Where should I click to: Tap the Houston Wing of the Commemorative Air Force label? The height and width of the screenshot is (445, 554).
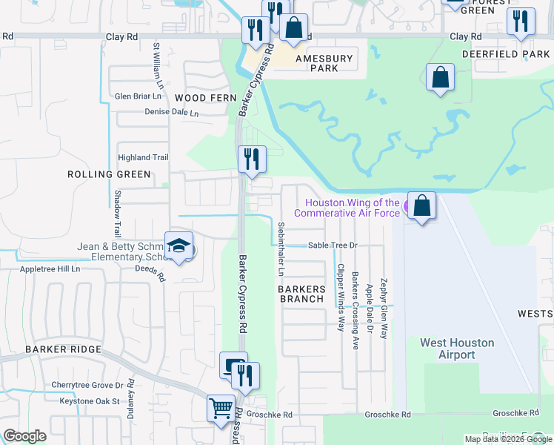353,208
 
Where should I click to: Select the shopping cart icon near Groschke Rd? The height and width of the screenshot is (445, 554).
221,409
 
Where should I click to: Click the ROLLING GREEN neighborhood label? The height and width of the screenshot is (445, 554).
109,174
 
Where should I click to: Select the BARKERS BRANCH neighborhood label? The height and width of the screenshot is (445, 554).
301,294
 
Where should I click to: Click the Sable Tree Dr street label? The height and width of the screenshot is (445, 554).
333,245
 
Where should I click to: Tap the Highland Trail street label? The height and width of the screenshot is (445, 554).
144,157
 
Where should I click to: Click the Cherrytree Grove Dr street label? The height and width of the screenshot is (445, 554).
87,385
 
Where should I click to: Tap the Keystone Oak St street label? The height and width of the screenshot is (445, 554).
84,401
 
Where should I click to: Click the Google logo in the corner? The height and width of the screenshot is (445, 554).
24,436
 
